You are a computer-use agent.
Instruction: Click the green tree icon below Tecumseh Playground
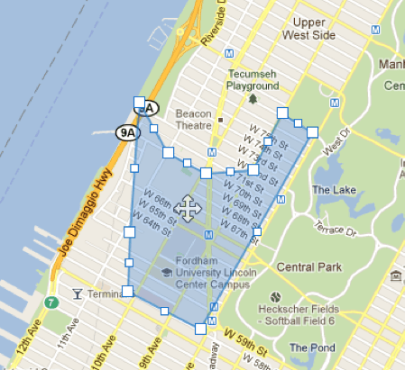tap(253, 98)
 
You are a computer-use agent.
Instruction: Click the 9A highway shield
tap(128, 133)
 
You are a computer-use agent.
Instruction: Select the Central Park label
tap(309, 267)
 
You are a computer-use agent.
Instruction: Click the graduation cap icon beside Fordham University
tap(166, 273)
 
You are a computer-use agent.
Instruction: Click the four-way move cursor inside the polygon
tap(188, 209)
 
